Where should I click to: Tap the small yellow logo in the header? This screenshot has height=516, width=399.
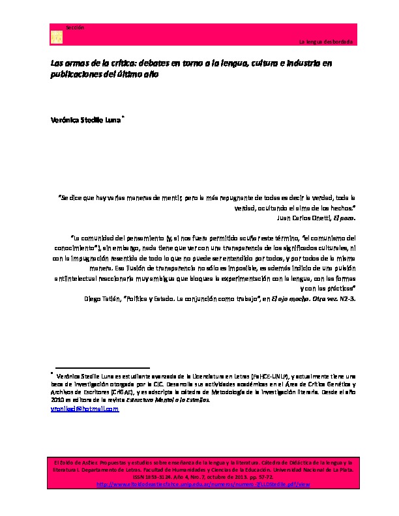56,38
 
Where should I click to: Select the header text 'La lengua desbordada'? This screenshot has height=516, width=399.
325,42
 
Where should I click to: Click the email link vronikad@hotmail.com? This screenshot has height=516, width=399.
85,409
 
